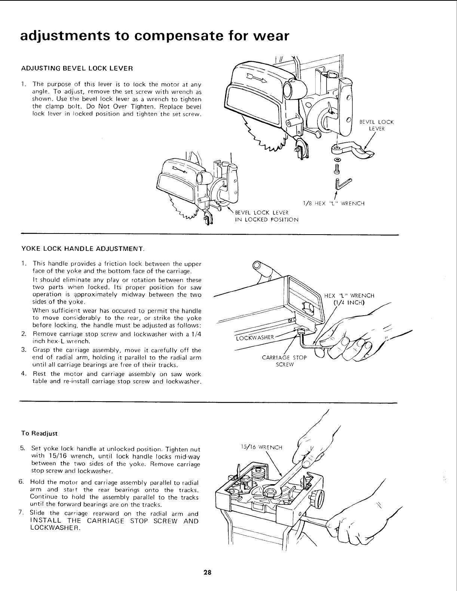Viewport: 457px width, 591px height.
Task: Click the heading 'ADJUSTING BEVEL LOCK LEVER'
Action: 77,68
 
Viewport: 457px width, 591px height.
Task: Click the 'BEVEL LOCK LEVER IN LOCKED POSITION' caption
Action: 266,216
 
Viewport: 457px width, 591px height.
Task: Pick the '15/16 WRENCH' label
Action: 262,447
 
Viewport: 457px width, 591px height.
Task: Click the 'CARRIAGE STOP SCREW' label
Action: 284,361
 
